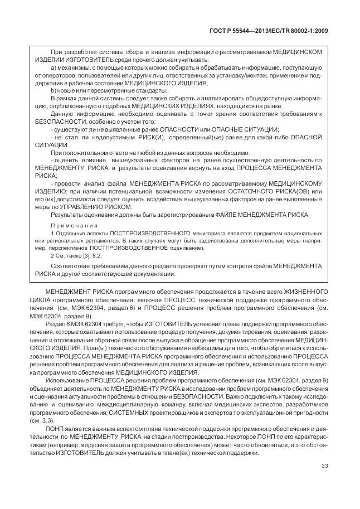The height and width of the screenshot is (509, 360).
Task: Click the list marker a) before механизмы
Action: [53, 68]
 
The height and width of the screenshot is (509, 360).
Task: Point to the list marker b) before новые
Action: [53, 90]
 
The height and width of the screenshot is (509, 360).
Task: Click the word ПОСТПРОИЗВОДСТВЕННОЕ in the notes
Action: [137, 246]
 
